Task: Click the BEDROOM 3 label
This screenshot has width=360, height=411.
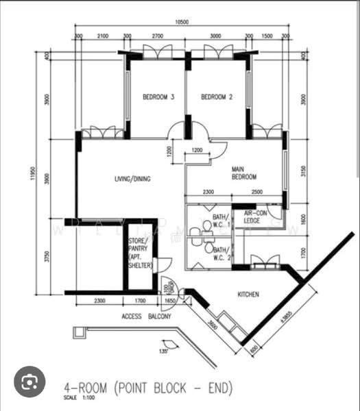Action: pos(158,98)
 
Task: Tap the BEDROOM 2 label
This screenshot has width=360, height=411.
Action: pos(217,98)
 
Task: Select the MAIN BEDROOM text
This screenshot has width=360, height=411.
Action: pos(243,173)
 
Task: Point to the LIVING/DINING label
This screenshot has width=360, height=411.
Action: pos(132,179)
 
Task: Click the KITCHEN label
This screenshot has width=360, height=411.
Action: pos(248,295)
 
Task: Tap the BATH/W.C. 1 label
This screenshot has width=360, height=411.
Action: pos(221,221)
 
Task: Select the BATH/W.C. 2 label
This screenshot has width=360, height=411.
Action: pos(221,254)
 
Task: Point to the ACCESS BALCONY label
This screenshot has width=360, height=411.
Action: pos(146,317)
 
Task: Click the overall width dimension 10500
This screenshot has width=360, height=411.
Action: pos(181,23)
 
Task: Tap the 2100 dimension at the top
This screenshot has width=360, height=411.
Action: pos(102,36)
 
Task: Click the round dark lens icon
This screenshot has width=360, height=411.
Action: pos(29,382)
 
